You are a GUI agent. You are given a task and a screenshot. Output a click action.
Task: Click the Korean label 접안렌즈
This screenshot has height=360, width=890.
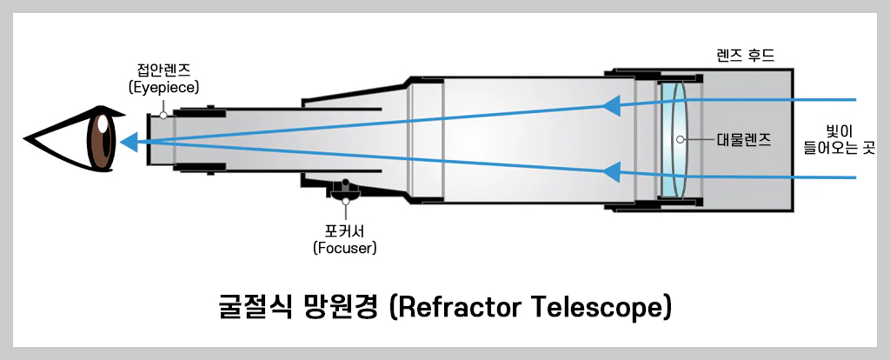pos(163,70)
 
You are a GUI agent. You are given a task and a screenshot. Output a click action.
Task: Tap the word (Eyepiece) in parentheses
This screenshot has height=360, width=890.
pos(163,87)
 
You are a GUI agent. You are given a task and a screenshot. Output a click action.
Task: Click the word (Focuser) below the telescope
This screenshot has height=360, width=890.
pos(346,248)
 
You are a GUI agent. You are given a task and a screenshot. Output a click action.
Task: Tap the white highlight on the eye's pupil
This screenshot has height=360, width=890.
pos(103,125)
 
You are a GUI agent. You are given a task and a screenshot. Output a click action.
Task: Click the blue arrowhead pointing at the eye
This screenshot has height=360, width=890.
pos(129,139)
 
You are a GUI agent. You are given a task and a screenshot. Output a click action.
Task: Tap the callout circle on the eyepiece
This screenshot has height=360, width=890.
pos(163,114)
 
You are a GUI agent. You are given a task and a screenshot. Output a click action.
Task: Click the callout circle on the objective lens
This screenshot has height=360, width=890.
pos(682,138)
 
